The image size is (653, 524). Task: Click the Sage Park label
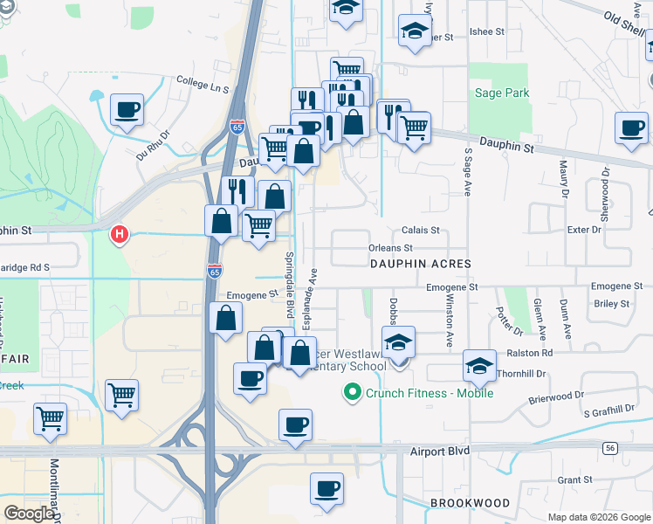coord(501,93)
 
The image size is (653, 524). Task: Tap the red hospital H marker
coord(119,234)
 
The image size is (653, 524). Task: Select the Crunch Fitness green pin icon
coord(354,392)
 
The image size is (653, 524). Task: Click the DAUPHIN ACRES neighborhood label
coord(420,263)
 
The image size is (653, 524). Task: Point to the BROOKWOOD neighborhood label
coord(470,503)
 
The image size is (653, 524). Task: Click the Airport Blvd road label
coord(440,451)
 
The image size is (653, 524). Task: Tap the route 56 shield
coord(609,448)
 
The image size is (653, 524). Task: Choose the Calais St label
coord(420,231)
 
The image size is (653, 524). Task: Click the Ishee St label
coord(487,31)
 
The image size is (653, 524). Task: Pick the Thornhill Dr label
coord(521,373)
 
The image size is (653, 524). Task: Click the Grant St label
coord(574,479)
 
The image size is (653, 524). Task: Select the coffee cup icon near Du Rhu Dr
coord(127,111)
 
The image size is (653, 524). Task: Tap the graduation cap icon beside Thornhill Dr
coord(479,366)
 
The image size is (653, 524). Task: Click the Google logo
coord(29,514)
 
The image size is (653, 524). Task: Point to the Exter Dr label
coord(584,230)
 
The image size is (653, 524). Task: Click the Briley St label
coord(611,304)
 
